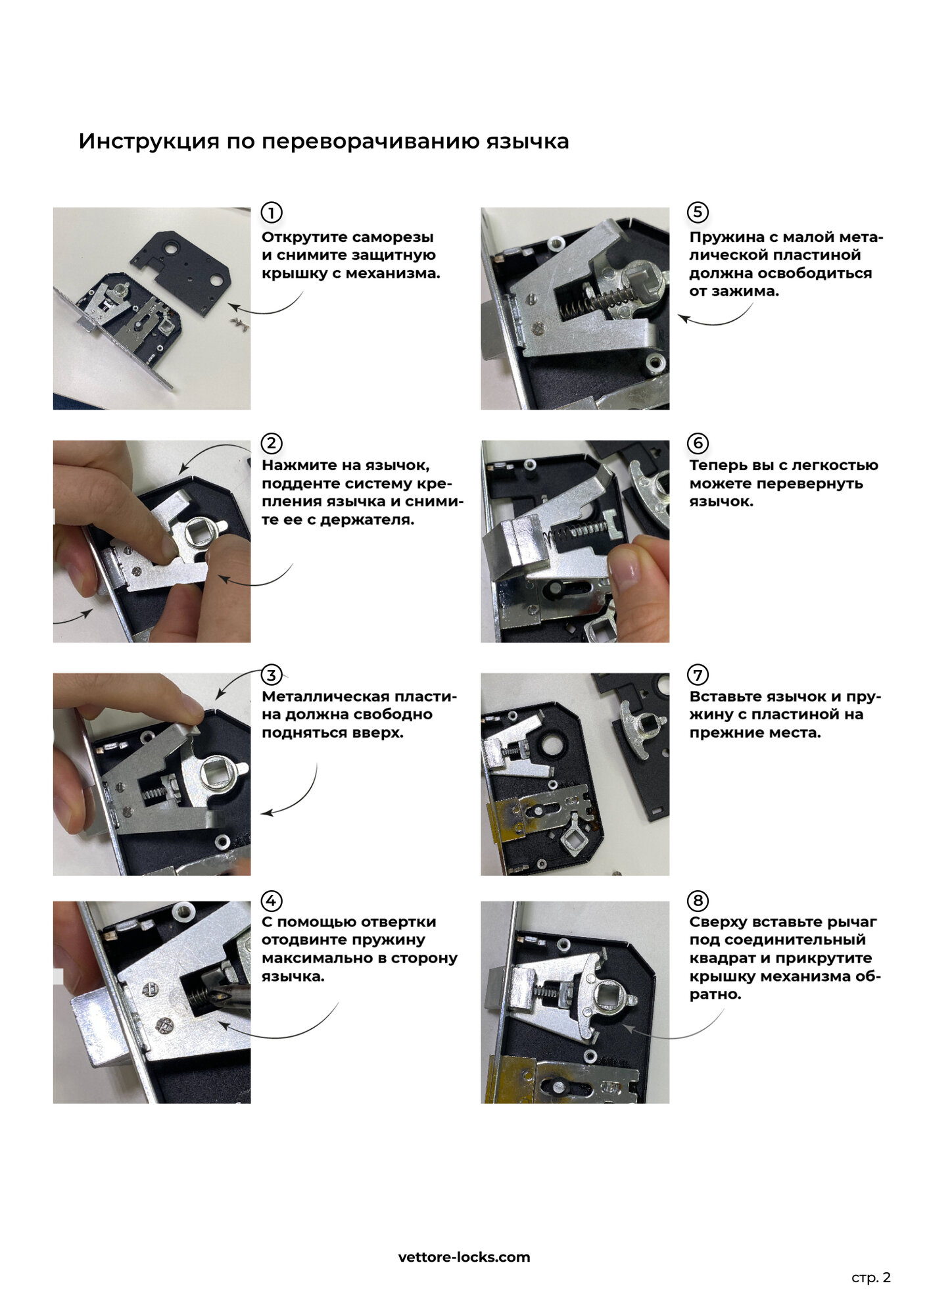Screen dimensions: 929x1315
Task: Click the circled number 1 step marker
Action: point(272,212)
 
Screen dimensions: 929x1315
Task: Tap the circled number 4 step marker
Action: point(272,901)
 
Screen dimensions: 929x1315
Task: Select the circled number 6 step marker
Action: point(698,443)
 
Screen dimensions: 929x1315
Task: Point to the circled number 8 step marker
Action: point(698,901)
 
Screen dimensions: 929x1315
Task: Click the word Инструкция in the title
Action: point(149,141)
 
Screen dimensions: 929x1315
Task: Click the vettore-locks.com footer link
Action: point(464,1257)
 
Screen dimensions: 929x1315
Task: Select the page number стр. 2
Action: point(871,1278)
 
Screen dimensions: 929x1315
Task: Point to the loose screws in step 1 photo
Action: point(239,323)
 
